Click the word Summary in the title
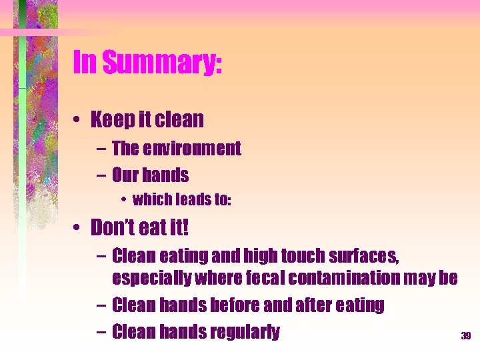tap(165, 64)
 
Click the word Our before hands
tap(125, 176)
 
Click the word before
tap(239, 305)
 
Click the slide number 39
tap(465, 336)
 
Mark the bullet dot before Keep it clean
tap(79, 121)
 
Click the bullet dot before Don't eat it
tap(79, 229)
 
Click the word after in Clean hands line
tap(319, 305)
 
